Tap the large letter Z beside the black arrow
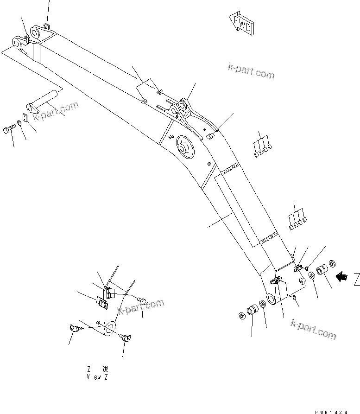pos(355,279)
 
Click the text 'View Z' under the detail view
pos(97,377)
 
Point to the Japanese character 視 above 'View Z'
pos(105,369)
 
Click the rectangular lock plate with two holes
pos(25,118)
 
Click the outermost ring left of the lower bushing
pos(242,316)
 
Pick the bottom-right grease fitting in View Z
pos(125,338)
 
